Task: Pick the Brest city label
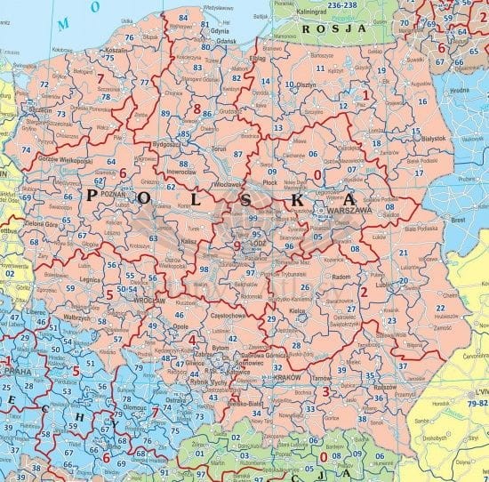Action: tap(459, 217)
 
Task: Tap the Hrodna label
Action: tap(459, 90)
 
